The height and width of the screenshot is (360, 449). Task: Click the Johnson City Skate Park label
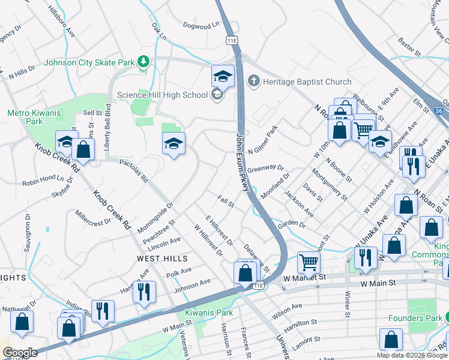pyautogui.click(x=89, y=62)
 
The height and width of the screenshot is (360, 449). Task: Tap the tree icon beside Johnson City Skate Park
pyautogui.click(x=143, y=61)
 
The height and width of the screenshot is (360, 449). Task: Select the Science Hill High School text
pyautogui.click(x=162, y=95)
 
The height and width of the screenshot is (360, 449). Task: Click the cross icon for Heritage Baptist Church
pyautogui.click(x=253, y=82)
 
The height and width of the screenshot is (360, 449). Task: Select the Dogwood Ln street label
pyautogui.click(x=202, y=26)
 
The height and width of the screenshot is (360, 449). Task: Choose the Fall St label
pyautogui.click(x=226, y=202)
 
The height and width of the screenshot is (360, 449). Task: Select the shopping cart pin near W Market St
pyautogui.click(x=309, y=262)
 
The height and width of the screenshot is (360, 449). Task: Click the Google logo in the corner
pyautogui.click(x=19, y=352)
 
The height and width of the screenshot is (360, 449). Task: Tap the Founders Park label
pyautogui.click(x=419, y=319)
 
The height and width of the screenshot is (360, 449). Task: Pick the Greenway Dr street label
pyautogui.click(x=265, y=169)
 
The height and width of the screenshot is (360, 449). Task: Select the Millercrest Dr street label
pyautogui.click(x=93, y=217)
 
